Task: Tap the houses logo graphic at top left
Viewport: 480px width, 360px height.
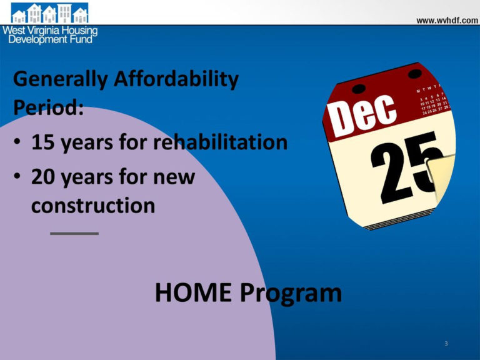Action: tap(49, 13)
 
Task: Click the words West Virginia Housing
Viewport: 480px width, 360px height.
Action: tap(50, 30)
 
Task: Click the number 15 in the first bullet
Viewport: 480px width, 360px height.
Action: tap(44, 142)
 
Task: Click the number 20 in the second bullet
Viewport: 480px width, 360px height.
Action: tap(45, 177)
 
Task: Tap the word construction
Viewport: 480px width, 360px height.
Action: tap(93, 206)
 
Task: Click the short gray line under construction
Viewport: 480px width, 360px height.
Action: tap(74, 233)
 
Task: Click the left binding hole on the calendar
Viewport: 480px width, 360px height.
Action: tap(358, 88)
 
